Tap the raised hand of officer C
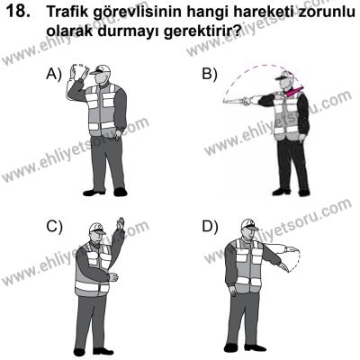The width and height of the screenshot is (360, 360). point(120,225)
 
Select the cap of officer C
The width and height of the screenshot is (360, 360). point(96,229)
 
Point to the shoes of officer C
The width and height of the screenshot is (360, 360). point(93,351)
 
